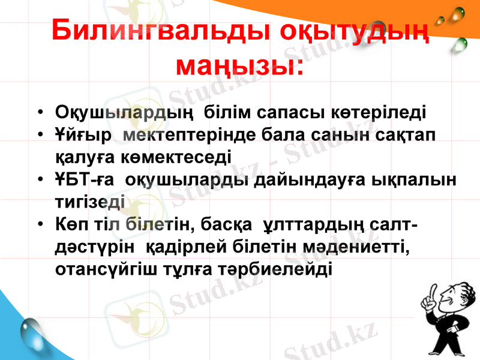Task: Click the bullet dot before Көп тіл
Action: tap(39, 224)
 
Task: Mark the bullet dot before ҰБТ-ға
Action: tap(39, 179)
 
